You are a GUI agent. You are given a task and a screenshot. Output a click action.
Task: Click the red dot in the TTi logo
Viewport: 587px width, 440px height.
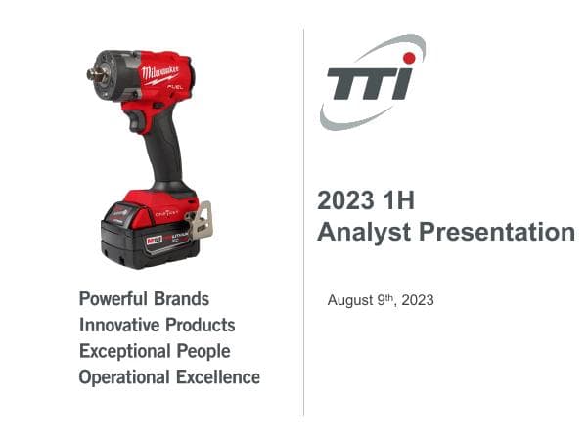tap(409, 59)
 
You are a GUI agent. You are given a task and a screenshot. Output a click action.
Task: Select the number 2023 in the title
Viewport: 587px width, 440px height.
tap(344, 201)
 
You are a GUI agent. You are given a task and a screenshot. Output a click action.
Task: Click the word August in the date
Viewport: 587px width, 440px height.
tap(349, 300)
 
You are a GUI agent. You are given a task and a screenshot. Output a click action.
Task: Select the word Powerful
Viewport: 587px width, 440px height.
tap(113, 299)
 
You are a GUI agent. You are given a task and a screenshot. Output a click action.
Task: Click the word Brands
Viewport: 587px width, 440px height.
tap(181, 299)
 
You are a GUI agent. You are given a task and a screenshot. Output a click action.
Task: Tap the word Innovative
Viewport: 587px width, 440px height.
tap(119, 325)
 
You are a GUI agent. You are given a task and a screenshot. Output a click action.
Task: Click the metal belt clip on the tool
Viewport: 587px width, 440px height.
tap(202, 220)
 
